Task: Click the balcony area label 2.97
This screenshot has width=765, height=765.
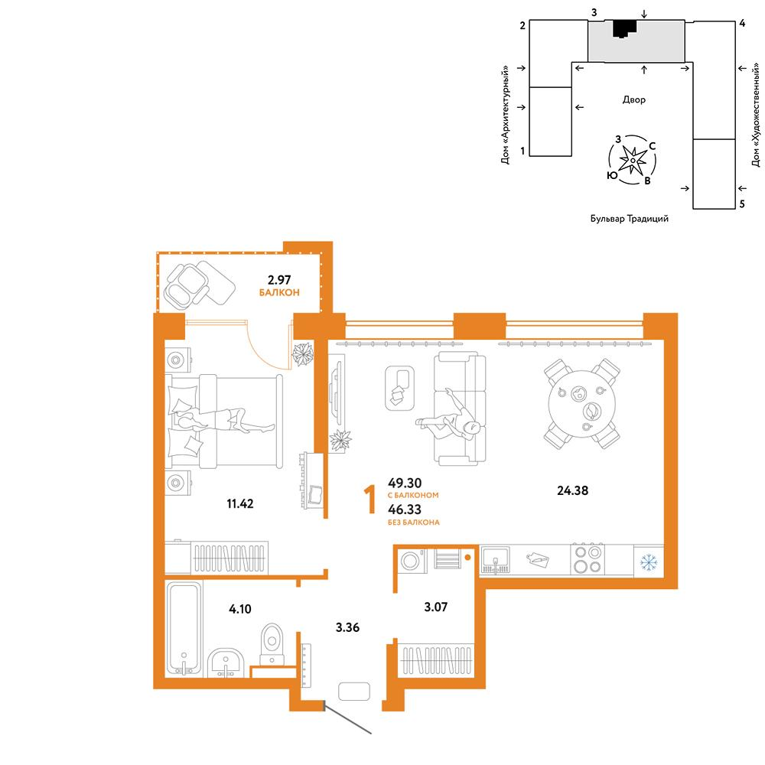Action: [279, 280]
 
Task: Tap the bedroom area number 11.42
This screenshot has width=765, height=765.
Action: [240, 503]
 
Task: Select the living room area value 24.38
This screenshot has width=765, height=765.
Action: [573, 490]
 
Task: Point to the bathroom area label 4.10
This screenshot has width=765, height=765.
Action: [240, 609]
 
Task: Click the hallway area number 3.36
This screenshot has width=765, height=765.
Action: [347, 627]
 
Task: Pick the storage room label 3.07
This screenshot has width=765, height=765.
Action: [436, 607]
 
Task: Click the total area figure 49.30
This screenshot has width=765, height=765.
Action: [405, 483]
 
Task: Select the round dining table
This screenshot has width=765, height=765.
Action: [582, 404]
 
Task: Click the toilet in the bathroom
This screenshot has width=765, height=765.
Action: [272, 644]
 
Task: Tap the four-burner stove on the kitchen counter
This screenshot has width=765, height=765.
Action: [588, 559]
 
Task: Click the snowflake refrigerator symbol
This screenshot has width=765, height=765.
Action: [649, 562]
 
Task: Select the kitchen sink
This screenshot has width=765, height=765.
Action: [495, 560]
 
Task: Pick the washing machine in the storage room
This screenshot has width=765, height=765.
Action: [412, 561]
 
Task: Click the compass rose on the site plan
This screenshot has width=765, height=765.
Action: [633, 160]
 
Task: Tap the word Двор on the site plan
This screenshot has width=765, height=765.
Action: [633, 99]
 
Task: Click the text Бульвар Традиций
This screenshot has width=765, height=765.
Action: [630, 219]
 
